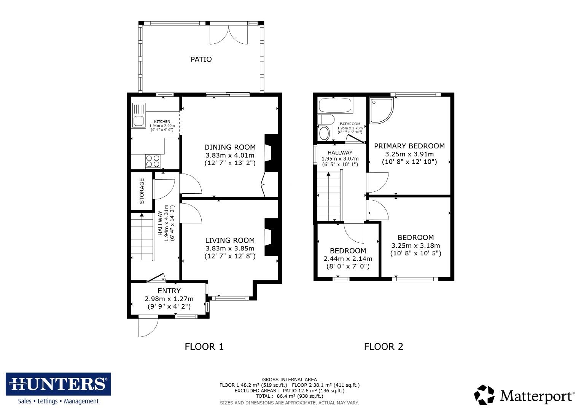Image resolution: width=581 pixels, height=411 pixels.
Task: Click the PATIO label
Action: point(201,59)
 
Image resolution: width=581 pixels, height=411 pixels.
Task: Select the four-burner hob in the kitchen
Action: point(153,161)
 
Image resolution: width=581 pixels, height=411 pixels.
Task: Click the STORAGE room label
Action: point(142,191)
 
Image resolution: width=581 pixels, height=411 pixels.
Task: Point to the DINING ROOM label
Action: point(230,147)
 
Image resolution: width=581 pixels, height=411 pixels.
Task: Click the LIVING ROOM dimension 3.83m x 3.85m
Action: point(230,249)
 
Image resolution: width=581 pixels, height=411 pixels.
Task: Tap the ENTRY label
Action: point(169,291)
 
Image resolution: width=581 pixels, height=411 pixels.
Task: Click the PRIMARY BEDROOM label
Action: point(409,146)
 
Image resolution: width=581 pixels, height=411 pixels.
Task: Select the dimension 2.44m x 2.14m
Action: point(348,259)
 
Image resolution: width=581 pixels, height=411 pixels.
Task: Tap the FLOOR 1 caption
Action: point(204,347)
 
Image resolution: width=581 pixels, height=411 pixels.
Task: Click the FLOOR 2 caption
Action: point(383,347)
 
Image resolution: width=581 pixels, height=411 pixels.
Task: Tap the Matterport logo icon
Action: point(484,395)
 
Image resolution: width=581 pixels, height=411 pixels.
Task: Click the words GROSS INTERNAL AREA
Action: point(289,379)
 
